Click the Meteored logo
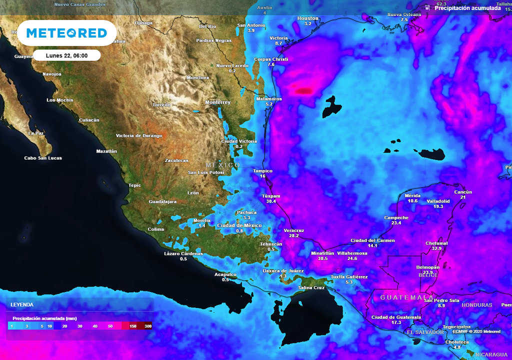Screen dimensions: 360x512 [66, 33]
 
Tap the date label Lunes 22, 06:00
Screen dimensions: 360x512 [67, 55]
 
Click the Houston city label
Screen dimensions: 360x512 [307, 18]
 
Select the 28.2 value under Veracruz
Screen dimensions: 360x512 [294, 235]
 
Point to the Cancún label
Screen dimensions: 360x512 [463, 192]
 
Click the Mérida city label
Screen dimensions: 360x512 [412, 195]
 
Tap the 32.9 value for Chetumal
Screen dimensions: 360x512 [436, 248]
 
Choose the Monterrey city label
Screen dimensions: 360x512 [218, 102]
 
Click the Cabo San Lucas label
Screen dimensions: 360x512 [43, 158]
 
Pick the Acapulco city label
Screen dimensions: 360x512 [225, 274]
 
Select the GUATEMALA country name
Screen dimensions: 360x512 [400, 297]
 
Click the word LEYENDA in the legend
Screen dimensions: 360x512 [22, 304]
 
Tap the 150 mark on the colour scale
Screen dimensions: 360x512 [133, 326]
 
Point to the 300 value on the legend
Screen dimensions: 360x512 [148, 326]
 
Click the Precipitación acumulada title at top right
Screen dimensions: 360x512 [467, 8]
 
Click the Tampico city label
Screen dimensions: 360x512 [262, 171]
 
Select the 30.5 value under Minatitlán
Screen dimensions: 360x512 [319, 258]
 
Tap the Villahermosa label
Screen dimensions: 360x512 [352, 253]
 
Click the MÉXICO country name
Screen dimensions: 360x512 [222, 165]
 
